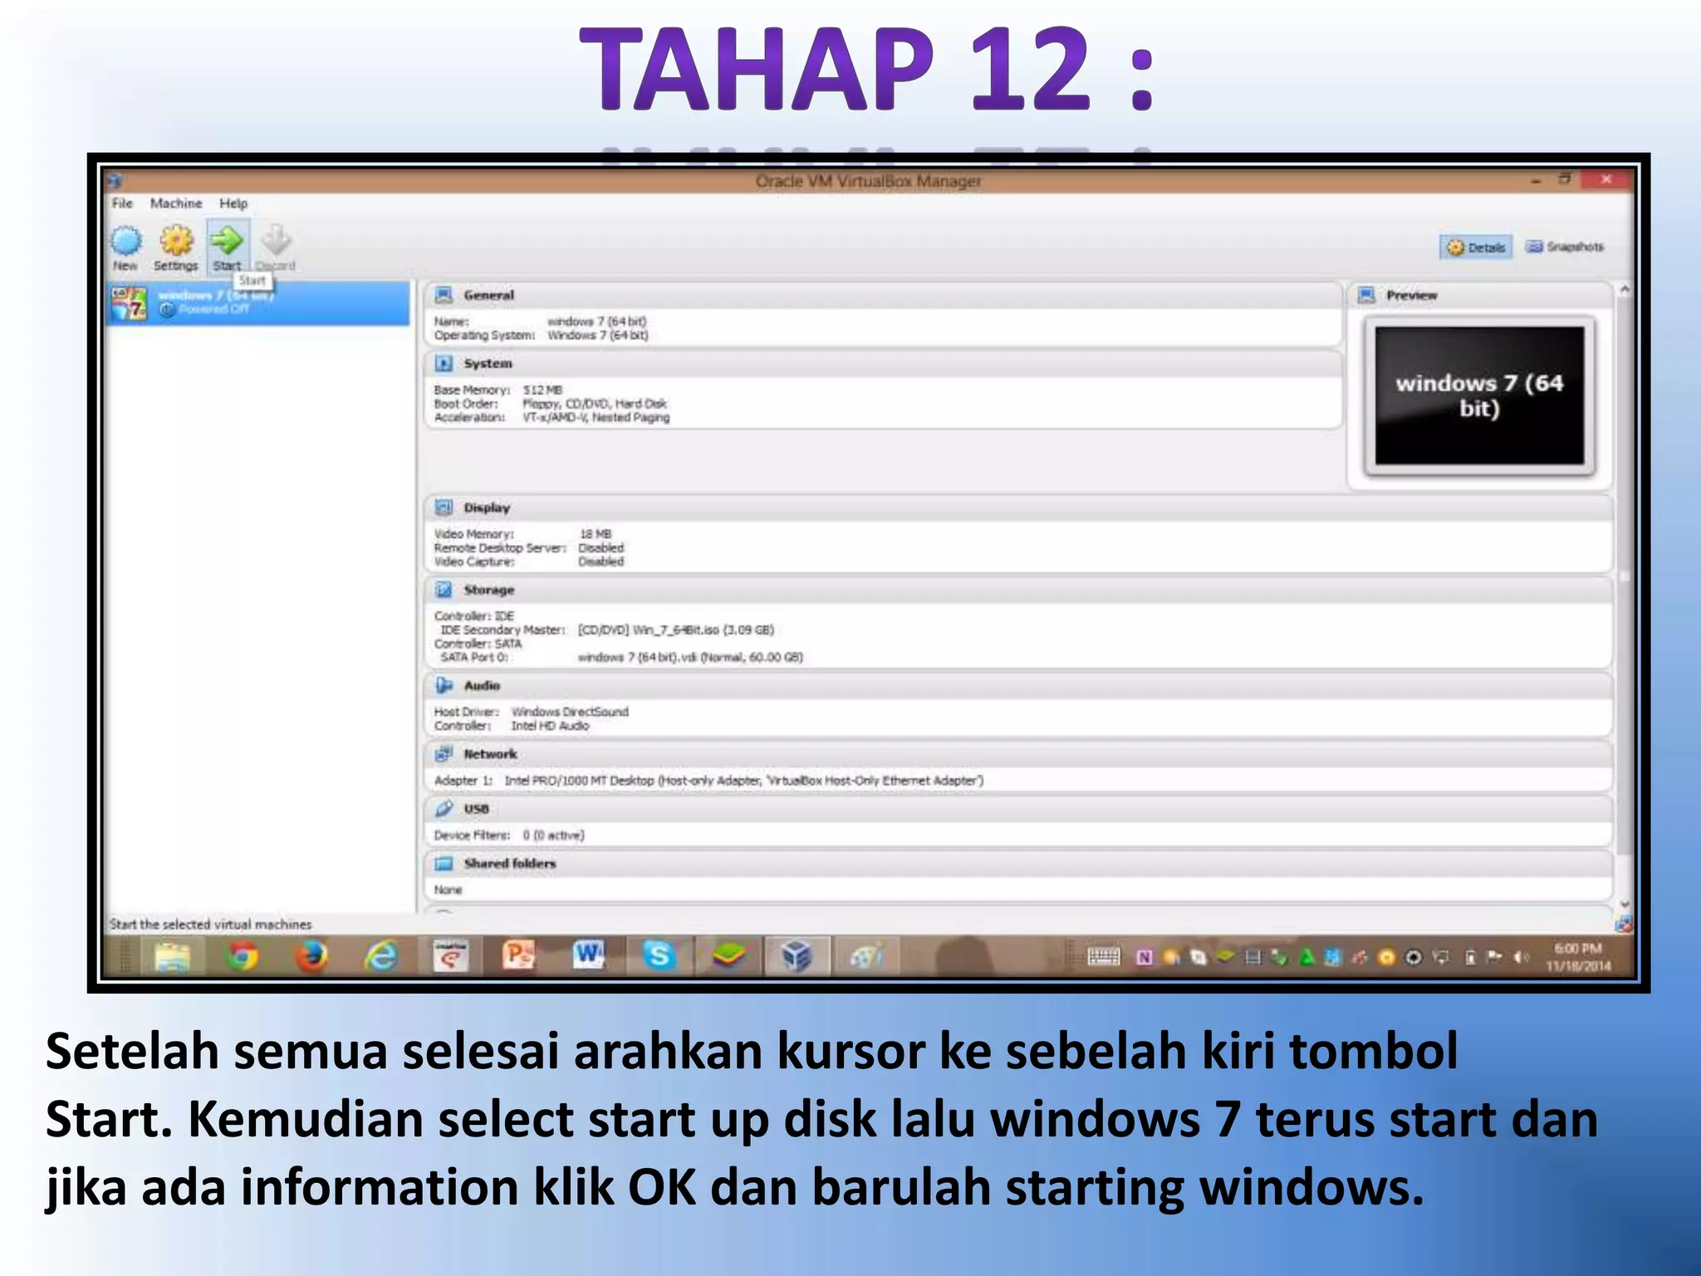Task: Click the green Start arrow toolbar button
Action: (227, 243)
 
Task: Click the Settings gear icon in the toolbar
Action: (176, 243)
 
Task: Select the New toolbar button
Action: (126, 243)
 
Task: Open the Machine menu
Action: (176, 204)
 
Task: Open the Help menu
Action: (233, 204)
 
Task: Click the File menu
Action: (122, 204)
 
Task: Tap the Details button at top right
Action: (1477, 248)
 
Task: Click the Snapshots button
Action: (1566, 247)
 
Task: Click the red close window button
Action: (1606, 179)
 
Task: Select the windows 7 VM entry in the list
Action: (257, 302)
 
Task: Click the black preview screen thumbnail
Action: (1479, 395)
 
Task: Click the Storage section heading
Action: (489, 590)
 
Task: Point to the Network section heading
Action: (490, 754)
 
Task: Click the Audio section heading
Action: (482, 685)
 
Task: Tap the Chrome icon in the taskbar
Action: (243, 957)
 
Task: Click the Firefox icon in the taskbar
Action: (312, 957)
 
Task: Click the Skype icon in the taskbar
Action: (659, 956)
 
